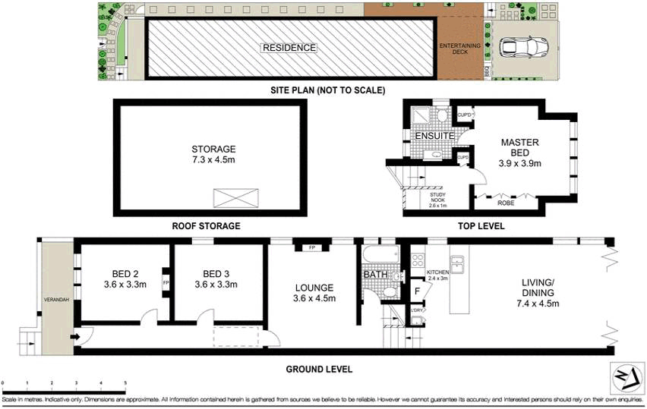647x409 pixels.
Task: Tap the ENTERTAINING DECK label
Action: click(460, 49)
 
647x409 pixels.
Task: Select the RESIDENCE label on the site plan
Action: click(289, 48)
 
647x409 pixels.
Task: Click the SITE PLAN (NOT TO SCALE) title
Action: click(328, 90)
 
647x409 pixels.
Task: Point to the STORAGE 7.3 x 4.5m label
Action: click(213, 154)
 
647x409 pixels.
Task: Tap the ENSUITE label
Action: click(434, 136)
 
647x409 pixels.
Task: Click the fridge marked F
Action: click(417, 290)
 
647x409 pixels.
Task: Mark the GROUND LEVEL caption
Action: click(320, 370)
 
